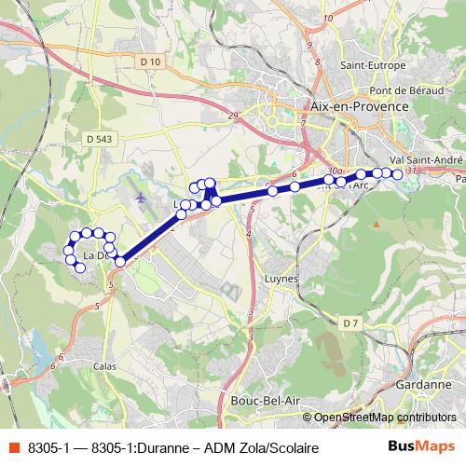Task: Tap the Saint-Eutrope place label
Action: point(372,65)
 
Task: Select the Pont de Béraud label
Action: point(403,90)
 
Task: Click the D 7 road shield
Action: point(350,322)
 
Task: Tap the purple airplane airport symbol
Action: point(141,198)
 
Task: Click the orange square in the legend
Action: point(13,448)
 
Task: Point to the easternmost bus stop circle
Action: point(398,174)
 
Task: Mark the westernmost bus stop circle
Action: point(68,250)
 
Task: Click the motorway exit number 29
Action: point(232,115)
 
